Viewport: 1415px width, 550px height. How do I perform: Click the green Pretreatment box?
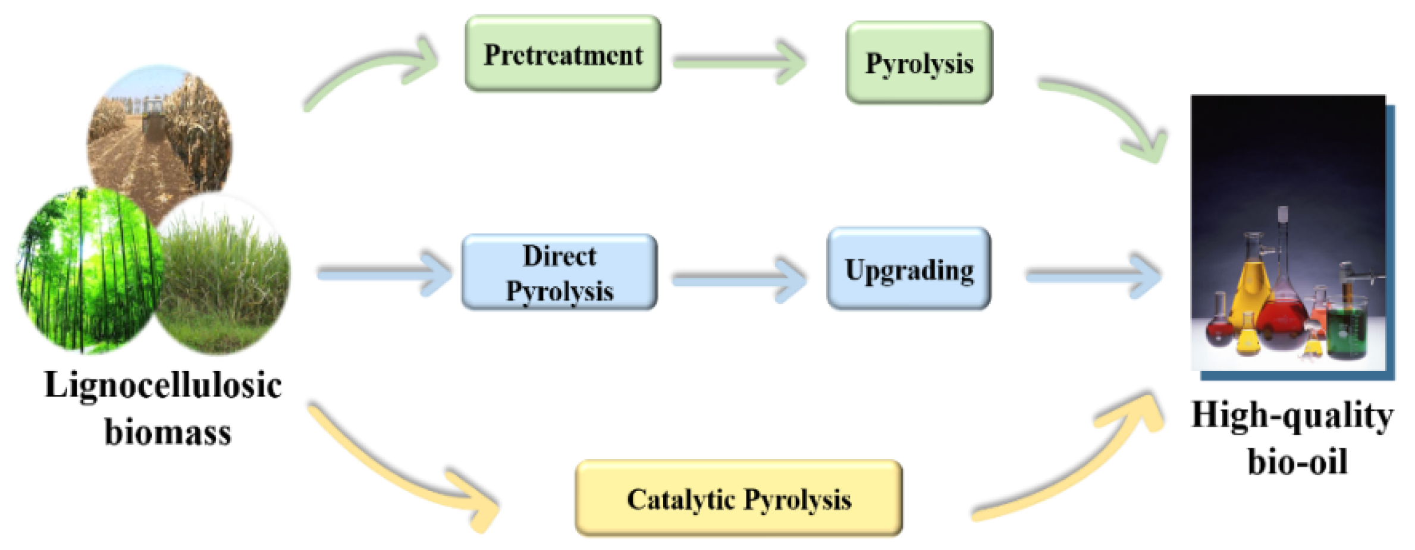click(x=563, y=54)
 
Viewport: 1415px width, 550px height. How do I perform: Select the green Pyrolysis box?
click(x=919, y=63)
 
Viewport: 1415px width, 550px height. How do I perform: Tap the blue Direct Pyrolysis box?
click(x=559, y=272)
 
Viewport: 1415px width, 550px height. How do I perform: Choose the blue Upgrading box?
click(x=909, y=269)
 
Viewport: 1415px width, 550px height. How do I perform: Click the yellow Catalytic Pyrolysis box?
click(x=739, y=498)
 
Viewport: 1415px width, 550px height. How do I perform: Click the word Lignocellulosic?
click(x=163, y=385)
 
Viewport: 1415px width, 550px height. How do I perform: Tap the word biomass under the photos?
click(x=168, y=432)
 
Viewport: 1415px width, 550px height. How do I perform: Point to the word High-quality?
click(x=1292, y=415)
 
